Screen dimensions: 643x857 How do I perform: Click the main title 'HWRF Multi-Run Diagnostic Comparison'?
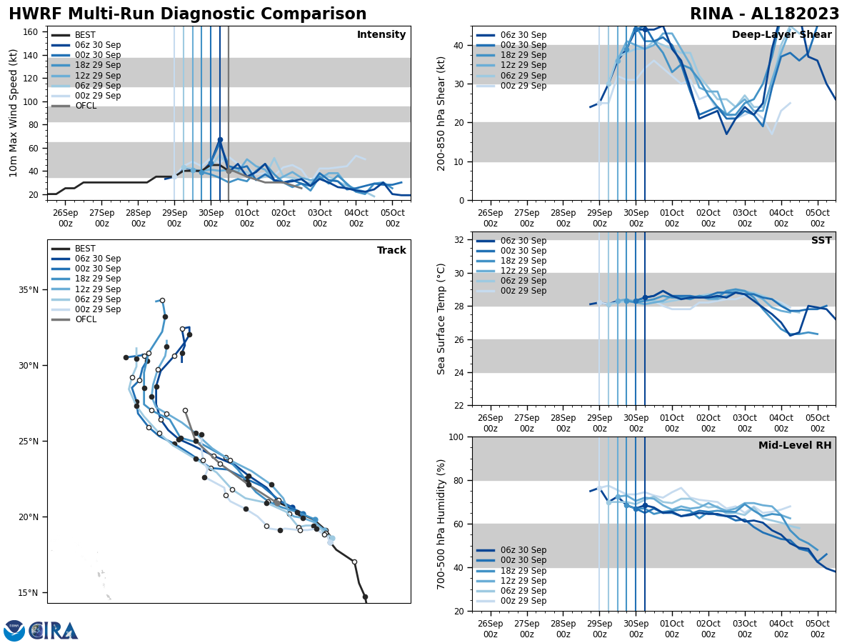tap(187, 14)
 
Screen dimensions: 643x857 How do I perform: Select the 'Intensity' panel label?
tap(381, 35)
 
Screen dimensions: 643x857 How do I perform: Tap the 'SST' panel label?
tap(821, 241)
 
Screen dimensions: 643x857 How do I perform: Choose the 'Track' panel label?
tap(391, 251)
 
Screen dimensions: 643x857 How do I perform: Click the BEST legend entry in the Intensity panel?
tap(85, 35)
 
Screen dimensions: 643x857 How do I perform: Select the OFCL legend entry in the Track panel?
tap(85, 319)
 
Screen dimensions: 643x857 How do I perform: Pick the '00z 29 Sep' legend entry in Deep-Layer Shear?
tap(521, 86)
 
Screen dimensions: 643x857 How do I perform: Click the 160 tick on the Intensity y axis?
tap(31, 31)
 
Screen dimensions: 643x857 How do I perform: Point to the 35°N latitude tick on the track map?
tap(28, 290)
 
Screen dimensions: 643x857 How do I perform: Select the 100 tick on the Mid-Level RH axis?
tap(454, 437)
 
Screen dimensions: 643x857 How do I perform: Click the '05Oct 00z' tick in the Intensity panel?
tap(392, 218)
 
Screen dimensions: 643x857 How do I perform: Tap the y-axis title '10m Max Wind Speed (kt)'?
tap(14, 113)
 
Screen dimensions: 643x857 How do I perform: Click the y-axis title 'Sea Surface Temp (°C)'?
tap(442, 319)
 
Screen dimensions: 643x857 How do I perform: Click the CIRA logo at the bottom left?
tap(41, 630)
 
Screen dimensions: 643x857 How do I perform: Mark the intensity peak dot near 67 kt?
tap(220, 139)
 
